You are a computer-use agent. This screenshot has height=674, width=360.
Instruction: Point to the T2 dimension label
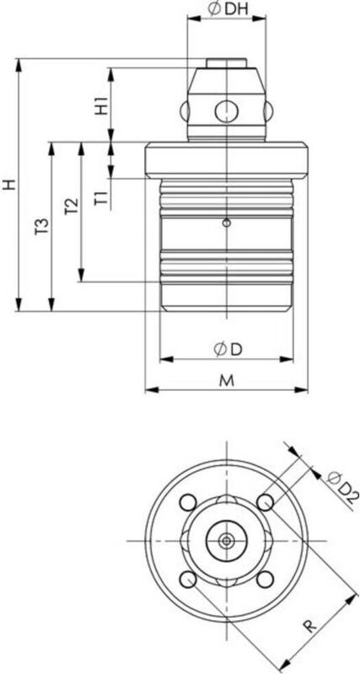[x=71, y=207]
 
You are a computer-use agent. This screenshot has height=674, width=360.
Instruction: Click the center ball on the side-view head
[x=226, y=110]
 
